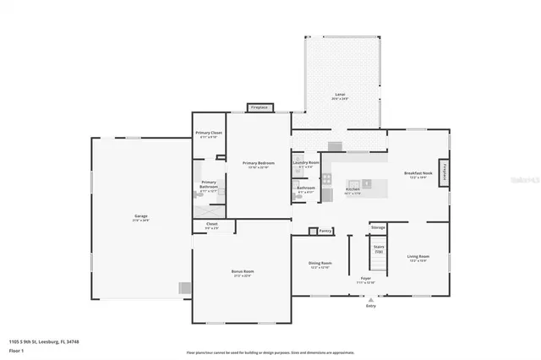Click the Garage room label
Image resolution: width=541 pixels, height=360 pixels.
(140, 216)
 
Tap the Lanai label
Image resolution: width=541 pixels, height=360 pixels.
(339, 95)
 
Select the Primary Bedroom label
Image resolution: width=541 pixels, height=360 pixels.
(257, 163)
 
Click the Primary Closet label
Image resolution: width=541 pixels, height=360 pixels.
(209, 133)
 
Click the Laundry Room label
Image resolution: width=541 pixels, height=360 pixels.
(305, 161)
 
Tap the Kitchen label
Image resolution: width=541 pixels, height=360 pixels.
(352, 188)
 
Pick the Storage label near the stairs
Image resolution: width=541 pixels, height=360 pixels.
(378, 227)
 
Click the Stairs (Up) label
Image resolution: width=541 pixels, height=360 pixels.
(379, 249)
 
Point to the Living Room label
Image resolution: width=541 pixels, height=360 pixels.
(418, 256)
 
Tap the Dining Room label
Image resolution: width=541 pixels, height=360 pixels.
(320, 264)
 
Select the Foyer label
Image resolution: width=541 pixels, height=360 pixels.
(366, 278)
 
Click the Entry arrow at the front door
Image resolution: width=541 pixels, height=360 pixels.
(370, 301)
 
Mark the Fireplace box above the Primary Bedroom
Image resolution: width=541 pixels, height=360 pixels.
(259, 107)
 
